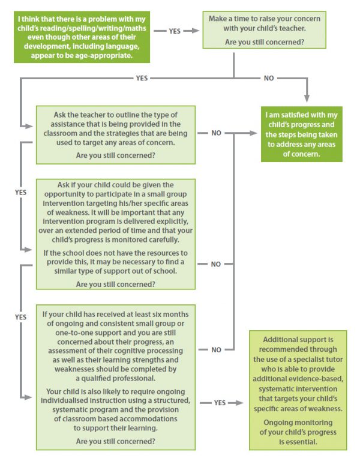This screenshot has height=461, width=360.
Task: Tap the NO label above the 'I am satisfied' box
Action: pyautogui.click(x=269, y=79)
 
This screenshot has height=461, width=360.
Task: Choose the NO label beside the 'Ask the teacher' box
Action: pyautogui.click(x=217, y=133)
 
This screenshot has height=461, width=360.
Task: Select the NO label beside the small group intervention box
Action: pyautogui.click(x=217, y=264)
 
